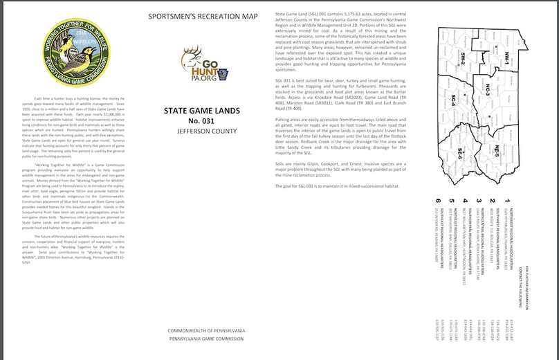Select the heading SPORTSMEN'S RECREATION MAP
[203, 15]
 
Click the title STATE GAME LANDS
[202, 110]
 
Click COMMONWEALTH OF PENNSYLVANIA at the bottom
[205, 332]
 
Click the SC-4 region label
[452, 101]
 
